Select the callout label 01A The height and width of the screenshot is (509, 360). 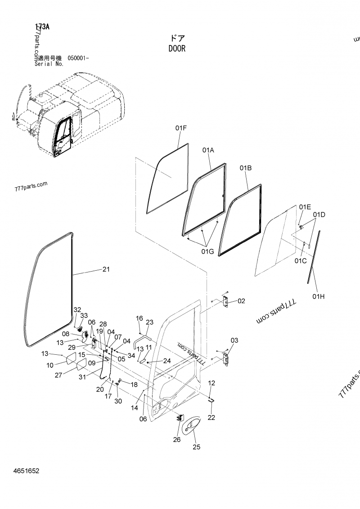208,150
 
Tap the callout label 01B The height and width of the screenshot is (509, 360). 245,168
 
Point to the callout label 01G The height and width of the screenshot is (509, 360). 207,251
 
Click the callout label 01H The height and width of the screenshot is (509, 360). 319,296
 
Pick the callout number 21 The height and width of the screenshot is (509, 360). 106,269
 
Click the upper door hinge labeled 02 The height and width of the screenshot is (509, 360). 226,301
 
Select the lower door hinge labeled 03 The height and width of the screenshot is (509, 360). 226,358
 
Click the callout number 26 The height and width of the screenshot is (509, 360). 176,439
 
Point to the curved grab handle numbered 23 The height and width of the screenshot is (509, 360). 141,338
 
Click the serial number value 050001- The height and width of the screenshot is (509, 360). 78,58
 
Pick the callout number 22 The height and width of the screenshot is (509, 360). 211,418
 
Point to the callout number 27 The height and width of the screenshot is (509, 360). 58,375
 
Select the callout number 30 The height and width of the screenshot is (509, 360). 117,401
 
